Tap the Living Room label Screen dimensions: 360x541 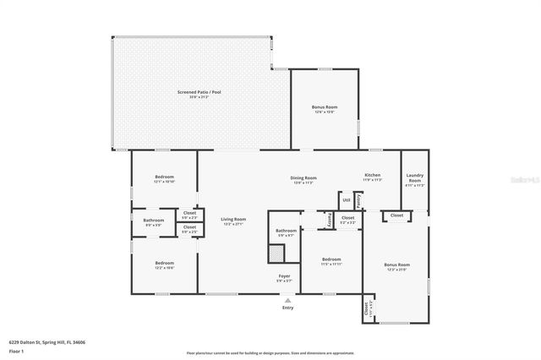pos(232,220)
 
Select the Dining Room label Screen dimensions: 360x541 pos(303,177)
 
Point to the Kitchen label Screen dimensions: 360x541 pos(372,176)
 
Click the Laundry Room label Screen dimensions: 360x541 pos(414,177)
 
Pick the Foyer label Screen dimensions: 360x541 pos(285,275)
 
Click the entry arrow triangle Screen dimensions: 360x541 pos(287,299)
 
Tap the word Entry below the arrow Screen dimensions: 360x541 pos(287,308)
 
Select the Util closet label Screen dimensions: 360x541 pos(346,200)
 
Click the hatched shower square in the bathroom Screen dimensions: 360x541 pos(276,254)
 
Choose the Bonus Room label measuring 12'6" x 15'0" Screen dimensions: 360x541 pos(325,107)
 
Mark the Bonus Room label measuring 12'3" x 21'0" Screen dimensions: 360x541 pos(396,265)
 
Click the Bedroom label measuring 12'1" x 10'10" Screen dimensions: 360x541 pos(164,177)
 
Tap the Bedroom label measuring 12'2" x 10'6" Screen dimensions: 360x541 pos(164,263)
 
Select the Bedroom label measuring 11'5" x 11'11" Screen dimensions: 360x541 pos(331,259)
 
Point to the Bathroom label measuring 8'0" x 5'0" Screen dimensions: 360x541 pos(153,221)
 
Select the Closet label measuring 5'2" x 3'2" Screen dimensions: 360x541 pos(347,218)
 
